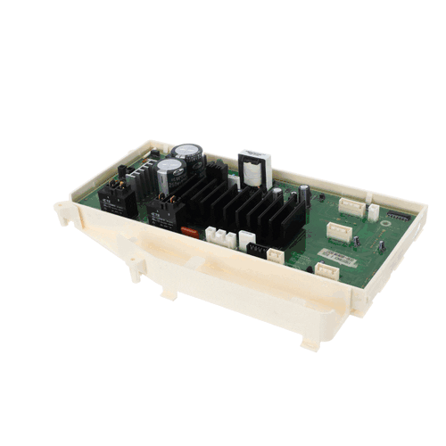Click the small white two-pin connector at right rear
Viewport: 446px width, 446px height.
pos(373,211)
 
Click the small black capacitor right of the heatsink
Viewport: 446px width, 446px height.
pos(304,195)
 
